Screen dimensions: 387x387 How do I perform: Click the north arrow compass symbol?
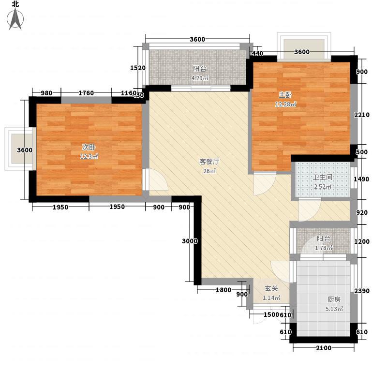(15, 19)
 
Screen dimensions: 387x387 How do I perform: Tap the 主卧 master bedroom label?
(285, 95)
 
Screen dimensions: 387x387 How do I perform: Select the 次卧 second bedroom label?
(89, 147)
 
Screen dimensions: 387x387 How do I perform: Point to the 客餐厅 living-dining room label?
(209, 162)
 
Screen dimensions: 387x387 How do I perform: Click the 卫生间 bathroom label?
(323, 177)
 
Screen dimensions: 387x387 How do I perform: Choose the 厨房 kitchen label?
(334, 299)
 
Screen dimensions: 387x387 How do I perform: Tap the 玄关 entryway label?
(271, 288)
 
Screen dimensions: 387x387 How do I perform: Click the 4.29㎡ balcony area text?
(200, 78)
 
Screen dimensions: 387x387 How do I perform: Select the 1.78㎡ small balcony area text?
(324, 248)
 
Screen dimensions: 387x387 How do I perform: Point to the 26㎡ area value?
(209, 171)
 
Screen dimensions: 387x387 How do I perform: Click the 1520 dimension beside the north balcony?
(138, 68)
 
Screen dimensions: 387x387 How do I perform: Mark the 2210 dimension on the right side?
(362, 115)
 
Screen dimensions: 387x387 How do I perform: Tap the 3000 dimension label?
(190, 241)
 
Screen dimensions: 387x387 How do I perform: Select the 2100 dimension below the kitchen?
(324, 348)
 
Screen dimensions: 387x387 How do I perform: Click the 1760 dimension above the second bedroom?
(86, 93)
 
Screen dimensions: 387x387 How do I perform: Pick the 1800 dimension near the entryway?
(223, 290)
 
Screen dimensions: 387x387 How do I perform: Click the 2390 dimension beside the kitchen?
(362, 291)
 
